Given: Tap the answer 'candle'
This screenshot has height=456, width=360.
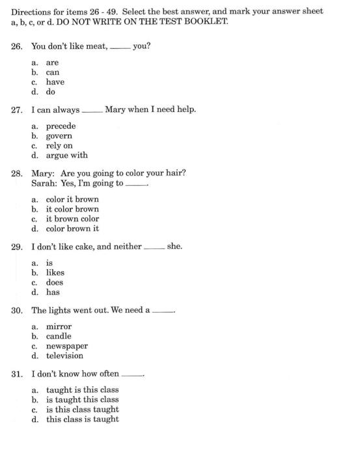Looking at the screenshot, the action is click(x=59, y=336).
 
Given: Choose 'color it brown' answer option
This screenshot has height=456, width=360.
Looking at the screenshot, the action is click(x=72, y=199).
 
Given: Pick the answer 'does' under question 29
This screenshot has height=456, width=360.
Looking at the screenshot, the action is click(x=55, y=283).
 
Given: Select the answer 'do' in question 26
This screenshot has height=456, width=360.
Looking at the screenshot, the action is click(x=50, y=92).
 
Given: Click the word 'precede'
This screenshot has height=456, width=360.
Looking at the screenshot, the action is click(x=61, y=126).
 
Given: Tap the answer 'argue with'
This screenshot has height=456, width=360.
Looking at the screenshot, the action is click(x=66, y=156).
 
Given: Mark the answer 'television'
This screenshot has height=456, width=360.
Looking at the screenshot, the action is click(x=64, y=356).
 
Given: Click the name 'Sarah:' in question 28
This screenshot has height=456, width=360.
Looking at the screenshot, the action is click(x=44, y=183).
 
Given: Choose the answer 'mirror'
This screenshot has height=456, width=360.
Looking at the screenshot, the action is click(x=59, y=326).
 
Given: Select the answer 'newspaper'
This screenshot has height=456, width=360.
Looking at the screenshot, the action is click(x=66, y=346).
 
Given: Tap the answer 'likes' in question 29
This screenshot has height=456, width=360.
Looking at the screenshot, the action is click(x=55, y=273).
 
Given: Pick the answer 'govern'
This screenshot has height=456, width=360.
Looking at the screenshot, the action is click(x=59, y=136).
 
